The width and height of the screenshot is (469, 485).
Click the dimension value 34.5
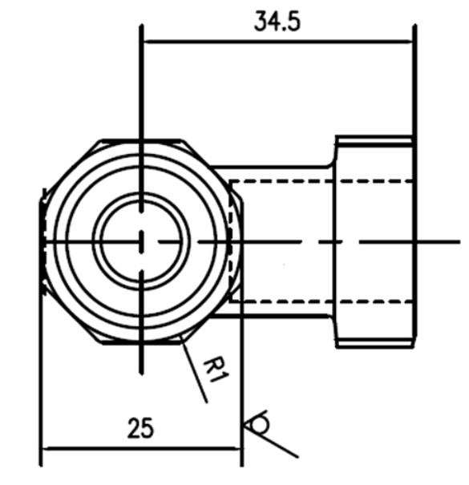(277, 21)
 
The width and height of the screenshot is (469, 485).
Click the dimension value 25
(140, 429)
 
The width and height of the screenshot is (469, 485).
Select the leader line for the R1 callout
(194, 370)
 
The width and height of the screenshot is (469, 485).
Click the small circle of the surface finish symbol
(257, 422)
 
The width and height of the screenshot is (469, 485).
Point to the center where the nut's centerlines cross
(141, 240)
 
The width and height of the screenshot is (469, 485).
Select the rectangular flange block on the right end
(374, 240)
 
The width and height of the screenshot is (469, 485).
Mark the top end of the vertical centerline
(141, 27)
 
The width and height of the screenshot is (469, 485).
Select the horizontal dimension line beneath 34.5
(277, 42)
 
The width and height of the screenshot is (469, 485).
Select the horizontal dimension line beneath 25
(140, 449)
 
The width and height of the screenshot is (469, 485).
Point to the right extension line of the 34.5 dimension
(415, 80)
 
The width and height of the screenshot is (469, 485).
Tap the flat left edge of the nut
(42, 240)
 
